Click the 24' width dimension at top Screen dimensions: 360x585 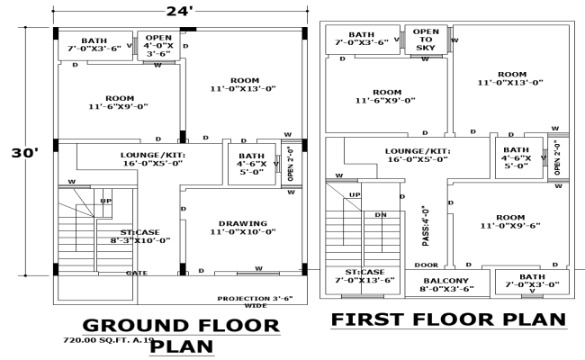176,11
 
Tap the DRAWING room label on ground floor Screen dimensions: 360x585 242,228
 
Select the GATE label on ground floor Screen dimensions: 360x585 137,273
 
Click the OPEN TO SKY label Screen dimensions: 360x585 426,37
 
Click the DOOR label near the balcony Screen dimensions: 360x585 427,265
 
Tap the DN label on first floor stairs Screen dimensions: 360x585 381,215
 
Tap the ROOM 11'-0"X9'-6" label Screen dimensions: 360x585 510,221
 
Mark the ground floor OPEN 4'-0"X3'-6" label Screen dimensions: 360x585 157,44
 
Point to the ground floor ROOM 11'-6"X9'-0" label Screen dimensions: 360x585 120,103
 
